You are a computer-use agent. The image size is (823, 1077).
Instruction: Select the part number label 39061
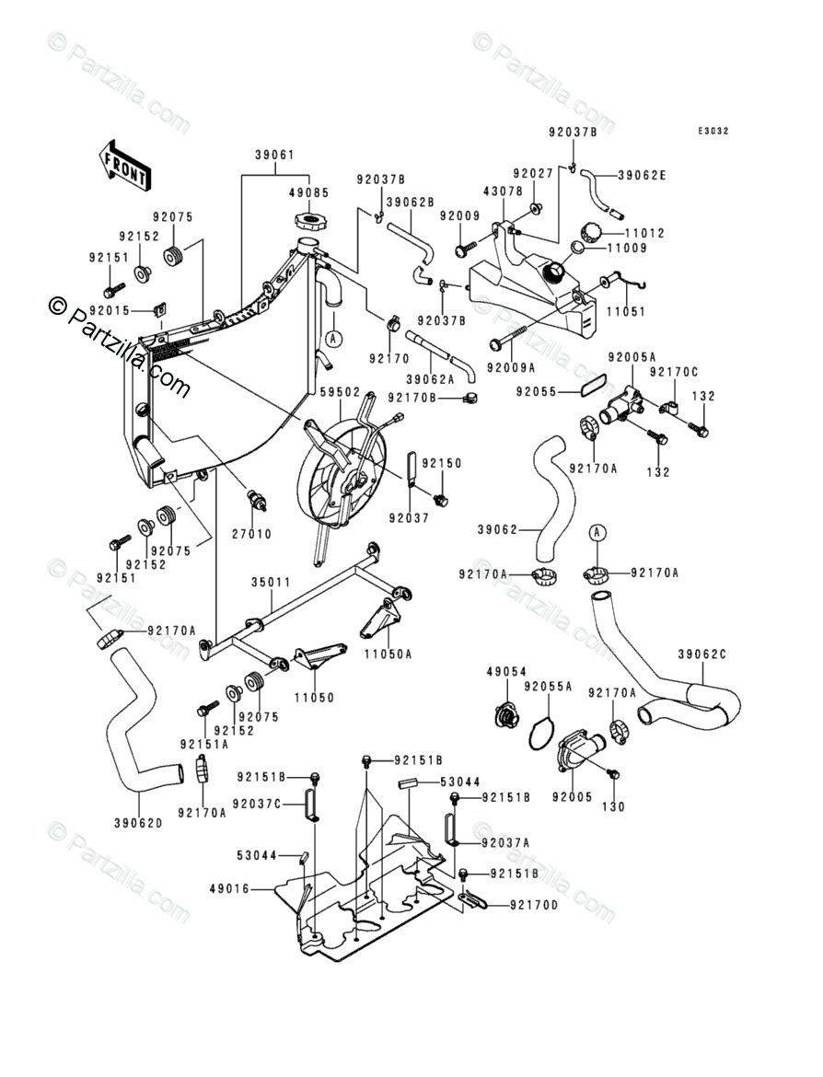pos(274,155)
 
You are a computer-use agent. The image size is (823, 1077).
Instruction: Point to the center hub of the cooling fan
pos(349,481)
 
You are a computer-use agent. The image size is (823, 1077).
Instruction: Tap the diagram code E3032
pos(713,131)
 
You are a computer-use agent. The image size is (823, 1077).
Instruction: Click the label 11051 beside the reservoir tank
pos(627,311)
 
